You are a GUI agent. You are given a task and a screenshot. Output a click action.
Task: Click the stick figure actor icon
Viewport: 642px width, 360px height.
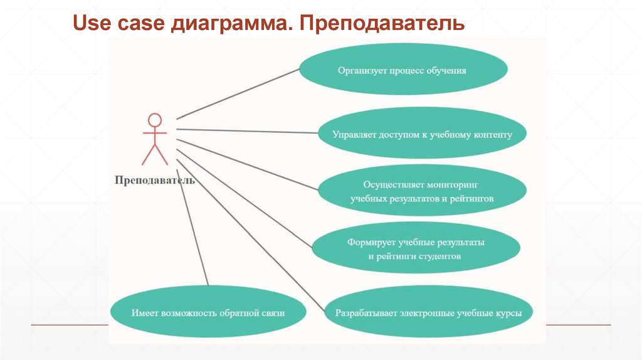pos(155,139)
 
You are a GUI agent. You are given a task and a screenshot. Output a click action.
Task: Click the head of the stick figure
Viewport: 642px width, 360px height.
pos(155,120)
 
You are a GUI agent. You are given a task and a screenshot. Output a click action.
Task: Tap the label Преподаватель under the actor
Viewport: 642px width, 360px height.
pos(155,180)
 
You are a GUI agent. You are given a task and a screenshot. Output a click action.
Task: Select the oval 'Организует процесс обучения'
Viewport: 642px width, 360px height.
pos(402,70)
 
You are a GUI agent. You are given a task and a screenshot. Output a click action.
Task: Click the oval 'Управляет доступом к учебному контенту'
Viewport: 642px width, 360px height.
pos(421,134)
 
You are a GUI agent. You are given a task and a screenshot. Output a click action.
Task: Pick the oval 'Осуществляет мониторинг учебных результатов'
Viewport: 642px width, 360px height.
pos(421,191)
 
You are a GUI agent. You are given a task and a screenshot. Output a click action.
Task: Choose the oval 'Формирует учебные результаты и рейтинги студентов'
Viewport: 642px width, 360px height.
pos(415,249)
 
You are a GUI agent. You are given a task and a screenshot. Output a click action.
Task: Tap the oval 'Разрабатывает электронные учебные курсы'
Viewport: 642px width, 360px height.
pos(428,312)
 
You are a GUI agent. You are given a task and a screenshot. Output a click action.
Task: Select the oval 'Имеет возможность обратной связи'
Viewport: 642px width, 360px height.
pos(208,312)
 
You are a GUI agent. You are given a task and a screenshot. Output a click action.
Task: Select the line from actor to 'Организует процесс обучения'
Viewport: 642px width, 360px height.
pos(238,93)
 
